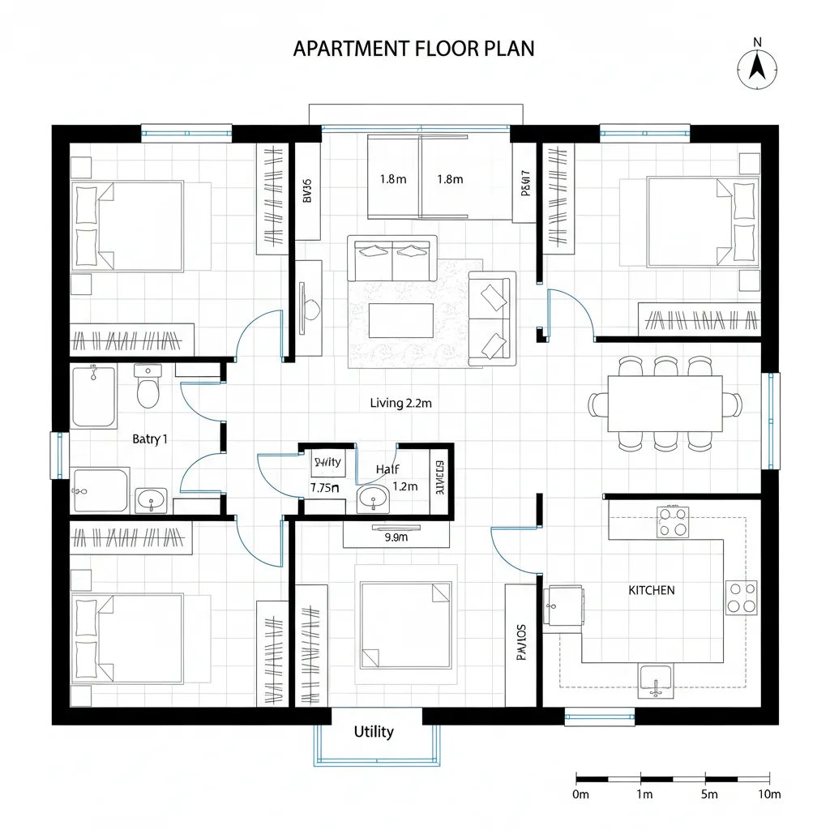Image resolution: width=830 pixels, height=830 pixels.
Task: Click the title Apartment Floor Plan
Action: point(413,49)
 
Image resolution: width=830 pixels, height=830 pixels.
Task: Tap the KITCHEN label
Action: point(651,590)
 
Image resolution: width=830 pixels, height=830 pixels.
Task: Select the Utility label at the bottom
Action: point(374,732)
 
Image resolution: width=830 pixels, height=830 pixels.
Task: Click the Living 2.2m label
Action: point(400,403)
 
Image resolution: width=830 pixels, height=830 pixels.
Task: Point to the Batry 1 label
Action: point(150,439)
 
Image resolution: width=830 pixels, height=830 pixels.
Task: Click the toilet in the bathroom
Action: point(148,387)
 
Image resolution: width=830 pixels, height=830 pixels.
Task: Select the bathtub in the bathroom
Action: point(94,396)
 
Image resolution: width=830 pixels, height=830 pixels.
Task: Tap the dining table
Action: point(665,404)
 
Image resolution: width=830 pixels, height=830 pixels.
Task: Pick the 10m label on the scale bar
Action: point(767,794)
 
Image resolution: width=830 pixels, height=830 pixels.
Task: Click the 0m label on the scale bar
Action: point(580,794)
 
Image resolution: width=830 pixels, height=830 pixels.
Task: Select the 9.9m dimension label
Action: point(396,536)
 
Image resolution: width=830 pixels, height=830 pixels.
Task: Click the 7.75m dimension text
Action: point(324,488)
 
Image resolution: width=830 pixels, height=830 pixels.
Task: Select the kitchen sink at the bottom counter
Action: point(655,679)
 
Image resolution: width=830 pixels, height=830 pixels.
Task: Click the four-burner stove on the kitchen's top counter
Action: point(672,522)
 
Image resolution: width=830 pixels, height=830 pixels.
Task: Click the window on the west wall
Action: point(58,455)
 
